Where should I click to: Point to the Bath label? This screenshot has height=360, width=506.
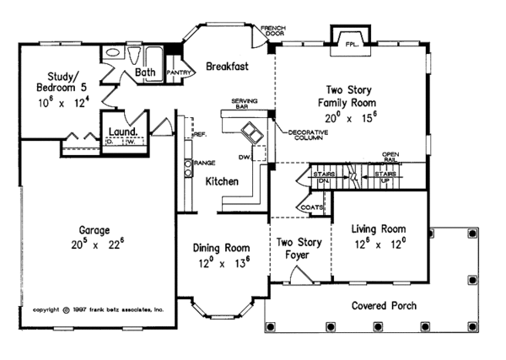(x=146, y=73)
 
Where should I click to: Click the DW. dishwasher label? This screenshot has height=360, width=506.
(x=245, y=157)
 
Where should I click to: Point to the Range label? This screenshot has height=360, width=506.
(x=202, y=162)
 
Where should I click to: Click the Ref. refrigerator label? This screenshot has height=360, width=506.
(x=201, y=134)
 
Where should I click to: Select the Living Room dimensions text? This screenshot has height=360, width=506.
(x=379, y=244)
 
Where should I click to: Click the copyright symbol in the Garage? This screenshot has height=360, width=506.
(x=67, y=309)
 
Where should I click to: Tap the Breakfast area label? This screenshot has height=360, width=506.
(x=223, y=65)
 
